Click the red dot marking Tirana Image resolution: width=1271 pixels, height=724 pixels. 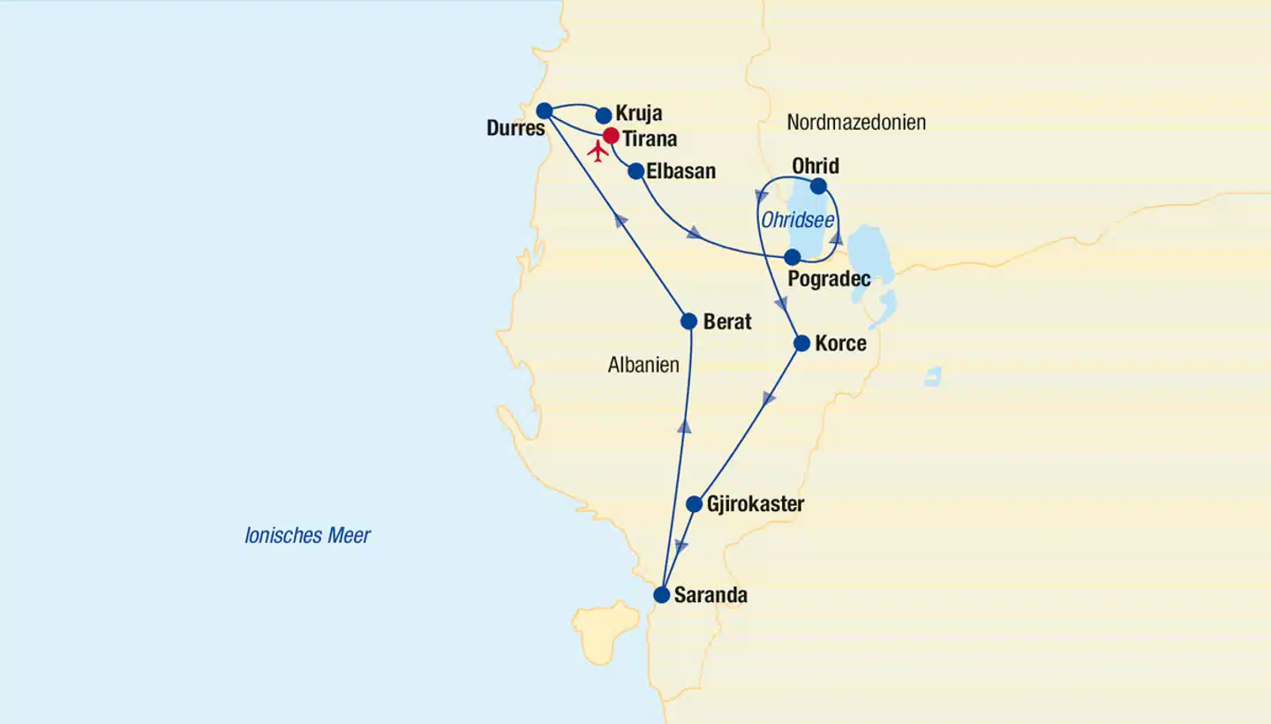[x=610, y=136]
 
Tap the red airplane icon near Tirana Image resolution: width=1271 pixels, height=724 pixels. [x=598, y=152]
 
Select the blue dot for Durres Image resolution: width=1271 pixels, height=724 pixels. [x=545, y=110]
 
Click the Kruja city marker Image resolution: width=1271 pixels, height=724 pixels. [x=604, y=115]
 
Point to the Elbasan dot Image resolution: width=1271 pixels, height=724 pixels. [x=635, y=171]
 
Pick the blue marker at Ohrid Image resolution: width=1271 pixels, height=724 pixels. [x=818, y=186]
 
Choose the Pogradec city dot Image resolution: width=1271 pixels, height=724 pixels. [x=793, y=257]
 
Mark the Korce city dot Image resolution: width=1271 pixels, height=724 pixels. [x=801, y=343]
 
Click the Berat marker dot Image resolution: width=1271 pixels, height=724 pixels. [x=688, y=321]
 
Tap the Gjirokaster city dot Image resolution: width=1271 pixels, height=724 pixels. [x=695, y=504]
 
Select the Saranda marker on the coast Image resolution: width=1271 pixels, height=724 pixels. [x=661, y=595]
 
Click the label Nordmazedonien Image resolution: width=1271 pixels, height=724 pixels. [x=856, y=123]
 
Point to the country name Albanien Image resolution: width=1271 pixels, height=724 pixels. [x=643, y=365]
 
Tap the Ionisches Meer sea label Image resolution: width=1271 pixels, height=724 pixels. [x=307, y=535]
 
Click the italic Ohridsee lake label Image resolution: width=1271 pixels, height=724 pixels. [x=798, y=221]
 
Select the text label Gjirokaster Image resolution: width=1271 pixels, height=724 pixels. [x=756, y=504]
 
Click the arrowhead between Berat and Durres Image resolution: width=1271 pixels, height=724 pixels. [x=621, y=220]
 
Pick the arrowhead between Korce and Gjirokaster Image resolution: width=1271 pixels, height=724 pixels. [x=769, y=398]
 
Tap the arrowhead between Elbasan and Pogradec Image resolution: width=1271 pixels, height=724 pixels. [x=696, y=233]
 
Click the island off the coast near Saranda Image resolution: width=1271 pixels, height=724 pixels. [x=606, y=629]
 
